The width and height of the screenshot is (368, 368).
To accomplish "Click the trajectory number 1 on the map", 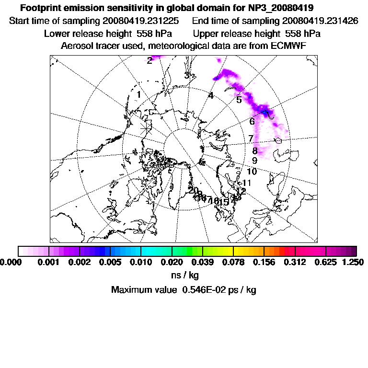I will point(138,95).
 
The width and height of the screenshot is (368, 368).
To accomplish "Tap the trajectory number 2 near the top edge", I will point(149,60).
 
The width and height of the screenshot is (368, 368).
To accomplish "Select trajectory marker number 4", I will point(210,96).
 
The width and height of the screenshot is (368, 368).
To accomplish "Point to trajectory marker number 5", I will point(239,100).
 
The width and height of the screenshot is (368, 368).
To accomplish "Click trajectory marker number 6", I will point(252,122).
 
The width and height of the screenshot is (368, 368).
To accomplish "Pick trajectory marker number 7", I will point(251,139).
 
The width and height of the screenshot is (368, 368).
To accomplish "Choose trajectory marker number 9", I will point(254,161).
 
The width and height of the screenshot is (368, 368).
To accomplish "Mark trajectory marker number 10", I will point(252,172).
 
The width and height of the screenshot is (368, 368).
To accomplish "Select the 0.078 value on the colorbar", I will point(233,262).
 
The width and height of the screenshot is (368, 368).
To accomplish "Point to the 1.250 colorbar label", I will point(354,262).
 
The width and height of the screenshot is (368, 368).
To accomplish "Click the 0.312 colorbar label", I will point(295,262).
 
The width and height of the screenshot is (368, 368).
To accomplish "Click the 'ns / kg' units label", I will point(185,276).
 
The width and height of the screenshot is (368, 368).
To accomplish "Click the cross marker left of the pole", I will point(147,128).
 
